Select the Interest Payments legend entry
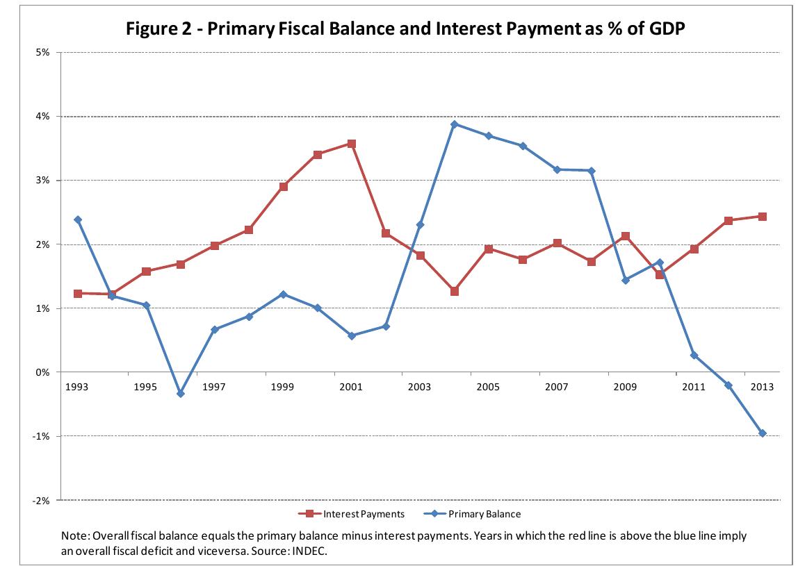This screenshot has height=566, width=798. [x=360, y=514]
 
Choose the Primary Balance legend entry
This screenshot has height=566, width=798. [x=484, y=514]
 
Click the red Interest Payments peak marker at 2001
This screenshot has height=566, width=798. [x=352, y=144]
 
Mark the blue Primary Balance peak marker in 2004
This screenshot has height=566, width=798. [x=454, y=124]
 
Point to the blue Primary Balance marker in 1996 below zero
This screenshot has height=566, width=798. [x=181, y=394]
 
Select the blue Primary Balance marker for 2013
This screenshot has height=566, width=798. [x=762, y=433]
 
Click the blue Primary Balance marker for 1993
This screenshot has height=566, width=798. [x=78, y=219]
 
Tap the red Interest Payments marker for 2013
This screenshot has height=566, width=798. [x=762, y=217]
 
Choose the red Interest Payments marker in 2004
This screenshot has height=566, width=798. [x=454, y=292]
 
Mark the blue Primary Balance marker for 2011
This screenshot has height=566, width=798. [x=694, y=356]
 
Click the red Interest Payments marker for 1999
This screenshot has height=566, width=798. [x=283, y=187]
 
